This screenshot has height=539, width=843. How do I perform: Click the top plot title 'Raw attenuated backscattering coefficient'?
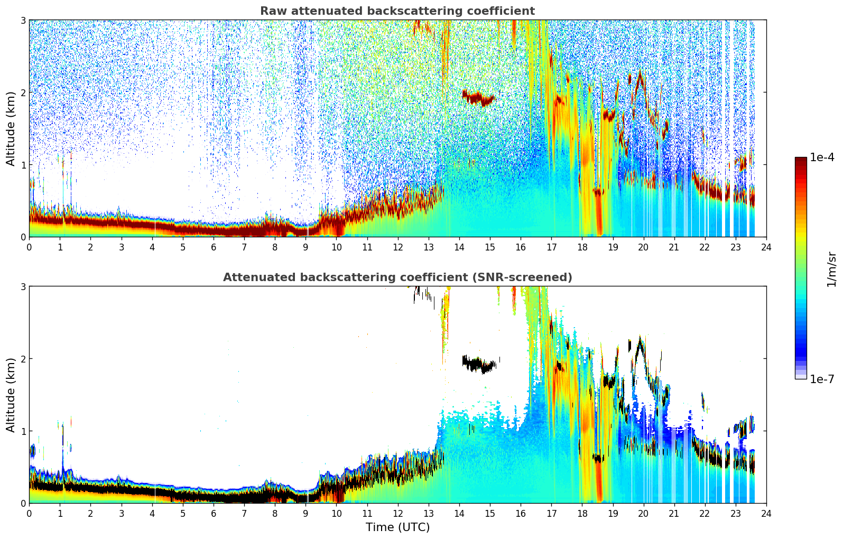click(397, 11)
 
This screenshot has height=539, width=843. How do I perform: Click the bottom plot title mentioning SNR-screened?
click(397, 277)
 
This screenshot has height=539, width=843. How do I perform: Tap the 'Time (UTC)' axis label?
click(397, 527)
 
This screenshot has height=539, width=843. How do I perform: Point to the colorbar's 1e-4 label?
click(822, 157)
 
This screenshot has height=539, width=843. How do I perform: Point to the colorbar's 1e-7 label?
click(822, 379)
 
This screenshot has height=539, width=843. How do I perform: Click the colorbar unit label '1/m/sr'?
click(831, 269)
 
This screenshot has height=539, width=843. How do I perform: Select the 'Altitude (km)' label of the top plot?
click(11, 128)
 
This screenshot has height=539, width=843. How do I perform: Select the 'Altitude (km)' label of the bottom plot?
click(11, 395)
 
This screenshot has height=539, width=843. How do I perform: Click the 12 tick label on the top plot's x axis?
click(397, 247)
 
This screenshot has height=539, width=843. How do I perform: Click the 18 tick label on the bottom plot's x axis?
click(582, 513)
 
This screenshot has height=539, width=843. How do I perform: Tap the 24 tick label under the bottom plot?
click(766, 513)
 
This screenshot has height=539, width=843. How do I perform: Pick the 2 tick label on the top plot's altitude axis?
click(23, 92)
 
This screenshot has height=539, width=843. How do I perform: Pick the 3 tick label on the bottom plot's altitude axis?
click(23, 286)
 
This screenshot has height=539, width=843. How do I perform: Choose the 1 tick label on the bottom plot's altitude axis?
click(23, 431)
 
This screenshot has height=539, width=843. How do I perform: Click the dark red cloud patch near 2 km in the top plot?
click(478, 98)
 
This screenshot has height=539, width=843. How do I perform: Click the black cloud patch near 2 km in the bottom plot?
click(478, 364)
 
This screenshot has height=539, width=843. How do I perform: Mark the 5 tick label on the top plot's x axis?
click(182, 247)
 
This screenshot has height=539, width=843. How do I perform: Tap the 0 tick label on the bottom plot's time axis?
click(29, 513)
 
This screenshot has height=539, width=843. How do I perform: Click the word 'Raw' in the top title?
click(271, 11)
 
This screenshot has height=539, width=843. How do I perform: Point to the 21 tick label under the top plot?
click(674, 247)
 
